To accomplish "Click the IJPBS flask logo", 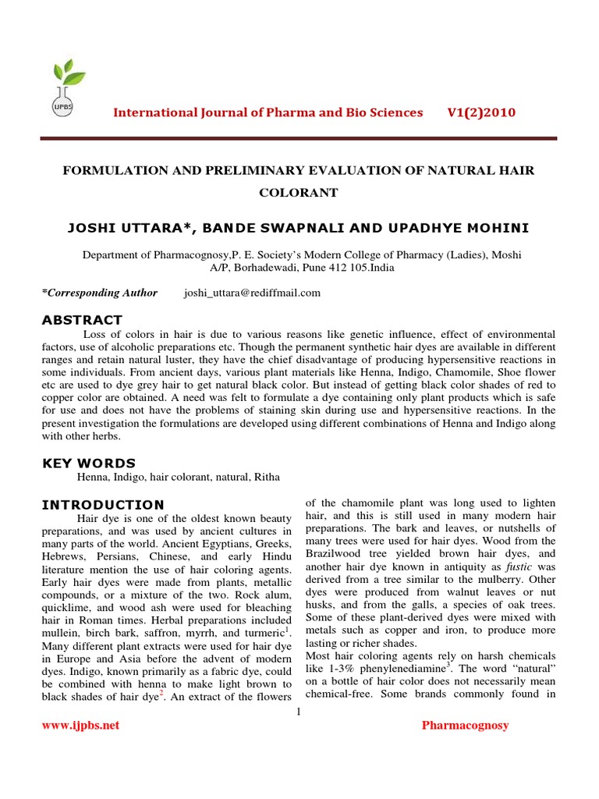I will point(66,87).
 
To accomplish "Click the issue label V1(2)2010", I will point(481,112).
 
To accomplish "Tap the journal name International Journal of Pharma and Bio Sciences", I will point(268,112).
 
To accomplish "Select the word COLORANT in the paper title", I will point(299,192).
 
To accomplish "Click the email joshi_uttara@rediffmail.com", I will point(252,293).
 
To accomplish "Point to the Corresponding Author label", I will point(99,293).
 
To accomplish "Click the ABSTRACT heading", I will point(82,319).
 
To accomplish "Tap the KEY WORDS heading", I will point(88,463).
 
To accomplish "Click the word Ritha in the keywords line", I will point(264,477).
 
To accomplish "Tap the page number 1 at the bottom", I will point(299,710).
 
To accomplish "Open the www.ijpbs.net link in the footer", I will point(80,725).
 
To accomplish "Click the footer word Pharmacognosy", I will point(465,725).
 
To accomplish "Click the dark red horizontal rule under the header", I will point(299,139).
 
